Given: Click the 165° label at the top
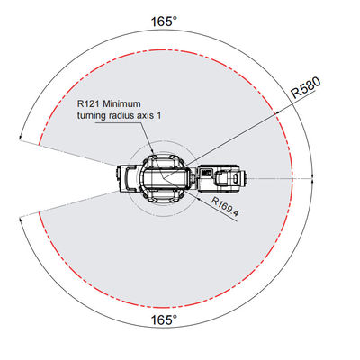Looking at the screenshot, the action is pyautogui.click(x=164, y=22).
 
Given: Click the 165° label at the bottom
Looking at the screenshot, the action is pyautogui.click(x=164, y=320).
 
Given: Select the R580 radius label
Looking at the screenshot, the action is pyautogui.click(x=306, y=87).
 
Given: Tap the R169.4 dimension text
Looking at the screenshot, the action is pyautogui.click(x=225, y=206).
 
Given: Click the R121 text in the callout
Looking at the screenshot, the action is pyautogui.click(x=88, y=104).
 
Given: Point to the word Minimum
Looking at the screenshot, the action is pyautogui.click(x=121, y=104).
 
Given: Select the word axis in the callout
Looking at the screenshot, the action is pyautogui.click(x=143, y=115).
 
